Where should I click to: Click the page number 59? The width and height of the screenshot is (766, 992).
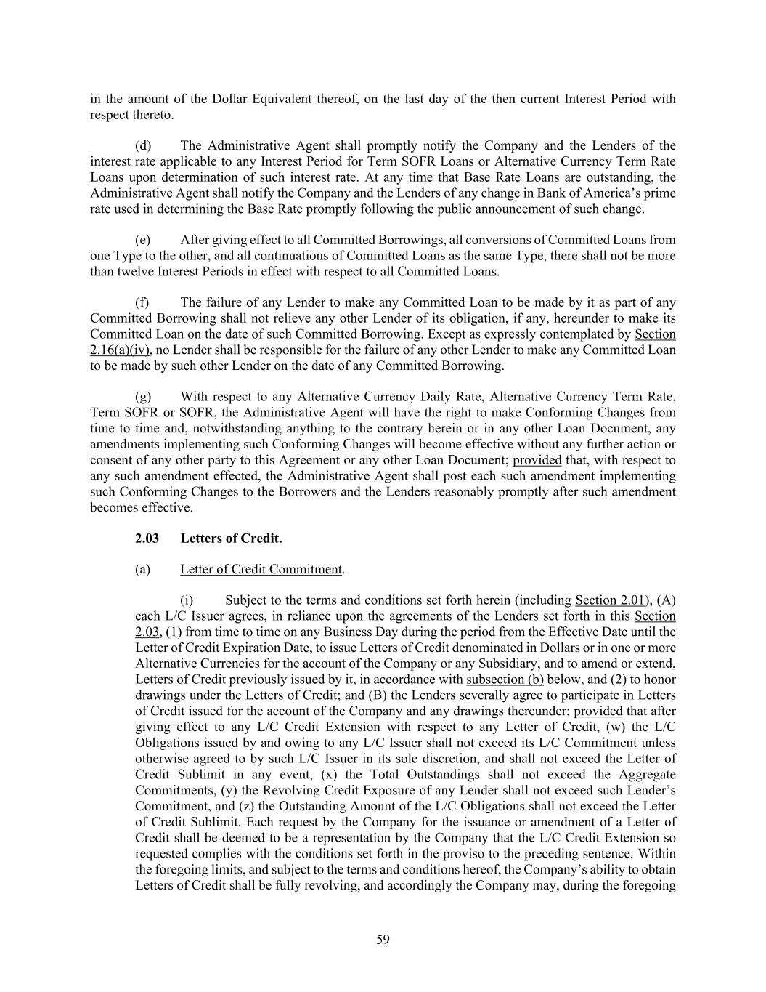pyautogui.click(x=383, y=940)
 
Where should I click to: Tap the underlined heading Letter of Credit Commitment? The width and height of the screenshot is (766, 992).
pyautogui.click(x=261, y=569)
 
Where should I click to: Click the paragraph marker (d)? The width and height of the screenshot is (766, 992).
pyautogui.click(x=143, y=145)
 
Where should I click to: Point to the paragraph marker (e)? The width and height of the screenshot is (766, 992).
pyautogui.click(x=143, y=240)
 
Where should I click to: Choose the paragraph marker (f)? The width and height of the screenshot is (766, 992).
pyautogui.click(x=142, y=302)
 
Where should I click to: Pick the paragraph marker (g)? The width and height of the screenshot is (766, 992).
pyautogui.click(x=143, y=397)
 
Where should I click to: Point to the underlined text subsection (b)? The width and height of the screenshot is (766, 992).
pyautogui.click(x=505, y=680)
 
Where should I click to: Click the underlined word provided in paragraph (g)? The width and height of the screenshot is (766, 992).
pyautogui.click(x=537, y=460)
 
